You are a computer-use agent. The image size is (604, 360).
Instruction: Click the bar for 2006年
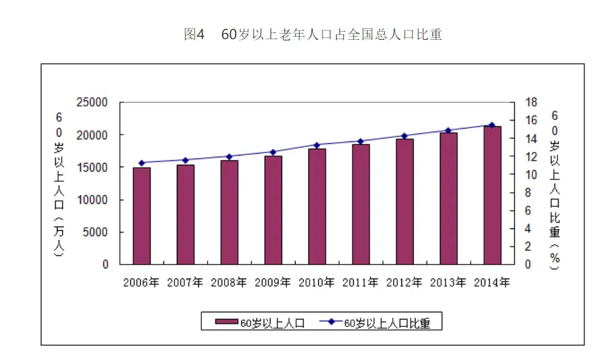click(x=142, y=216)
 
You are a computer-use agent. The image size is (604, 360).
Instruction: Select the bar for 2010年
click(x=317, y=206)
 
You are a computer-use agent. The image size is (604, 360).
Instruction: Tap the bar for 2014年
click(x=492, y=195)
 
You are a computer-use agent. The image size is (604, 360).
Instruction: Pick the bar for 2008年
click(x=229, y=212)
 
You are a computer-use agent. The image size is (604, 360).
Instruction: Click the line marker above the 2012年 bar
click(x=405, y=136)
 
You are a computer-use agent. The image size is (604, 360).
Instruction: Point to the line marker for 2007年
click(x=185, y=160)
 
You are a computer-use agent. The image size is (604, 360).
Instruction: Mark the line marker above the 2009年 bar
click(x=273, y=152)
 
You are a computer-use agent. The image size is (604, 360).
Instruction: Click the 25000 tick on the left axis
click(x=92, y=102)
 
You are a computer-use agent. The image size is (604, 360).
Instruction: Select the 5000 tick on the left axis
click(x=97, y=232)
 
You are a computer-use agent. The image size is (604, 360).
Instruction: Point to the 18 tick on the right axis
click(x=532, y=102)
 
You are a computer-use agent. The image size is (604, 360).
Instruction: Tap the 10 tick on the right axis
click(x=532, y=174)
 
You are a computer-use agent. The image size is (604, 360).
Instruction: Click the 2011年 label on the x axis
click(x=360, y=283)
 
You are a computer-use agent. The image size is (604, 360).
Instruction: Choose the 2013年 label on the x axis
click(x=448, y=283)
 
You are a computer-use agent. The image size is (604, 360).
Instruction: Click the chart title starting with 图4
click(x=313, y=35)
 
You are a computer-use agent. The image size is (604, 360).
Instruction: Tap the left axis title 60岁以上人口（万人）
click(x=59, y=184)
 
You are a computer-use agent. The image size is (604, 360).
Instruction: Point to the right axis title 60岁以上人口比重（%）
click(x=554, y=190)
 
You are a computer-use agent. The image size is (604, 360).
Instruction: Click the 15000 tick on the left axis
click(x=92, y=167)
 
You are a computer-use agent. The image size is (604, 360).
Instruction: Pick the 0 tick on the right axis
click(x=529, y=264)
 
